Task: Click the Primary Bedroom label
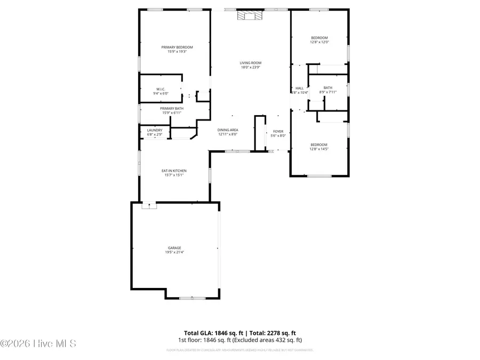point(177,47)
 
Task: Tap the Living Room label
point(251,62)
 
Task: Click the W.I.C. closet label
point(161,89)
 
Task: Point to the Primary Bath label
point(171,108)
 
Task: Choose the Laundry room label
point(154,130)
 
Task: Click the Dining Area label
point(228,130)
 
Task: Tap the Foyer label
point(278,131)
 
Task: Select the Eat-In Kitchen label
point(174,171)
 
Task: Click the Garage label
point(174,247)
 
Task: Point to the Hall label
point(299,88)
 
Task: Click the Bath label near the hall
point(327,88)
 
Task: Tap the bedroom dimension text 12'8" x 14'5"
point(319,149)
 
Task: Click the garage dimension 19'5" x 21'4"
point(174,252)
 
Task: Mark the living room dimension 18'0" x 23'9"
point(251,67)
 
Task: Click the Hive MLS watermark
point(38,343)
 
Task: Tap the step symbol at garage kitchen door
point(149,205)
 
